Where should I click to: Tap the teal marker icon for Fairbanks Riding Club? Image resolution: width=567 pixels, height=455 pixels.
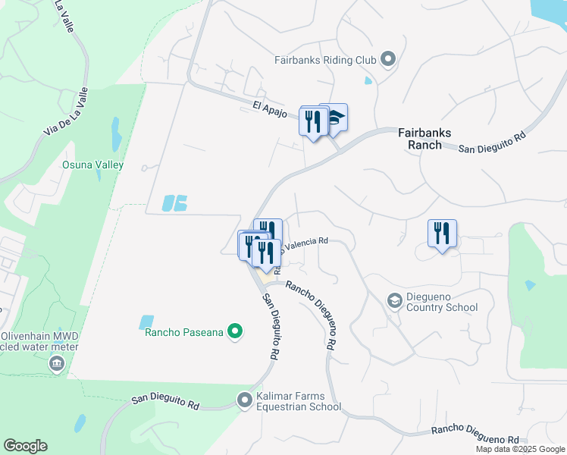click(388, 58)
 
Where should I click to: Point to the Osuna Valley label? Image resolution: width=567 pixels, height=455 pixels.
click(92, 165)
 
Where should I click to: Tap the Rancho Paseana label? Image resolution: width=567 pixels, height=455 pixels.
click(182, 331)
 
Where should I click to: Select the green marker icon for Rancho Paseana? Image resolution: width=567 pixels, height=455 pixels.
click(235, 331)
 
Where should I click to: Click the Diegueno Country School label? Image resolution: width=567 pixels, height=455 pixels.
click(442, 302)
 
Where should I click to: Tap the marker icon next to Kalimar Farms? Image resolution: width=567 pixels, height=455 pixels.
click(244, 399)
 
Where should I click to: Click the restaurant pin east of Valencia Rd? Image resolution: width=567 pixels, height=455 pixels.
click(441, 232)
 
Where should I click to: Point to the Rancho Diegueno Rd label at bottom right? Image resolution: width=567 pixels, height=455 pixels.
click(475, 435)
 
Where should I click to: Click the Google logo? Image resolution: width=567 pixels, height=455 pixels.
click(25, 446)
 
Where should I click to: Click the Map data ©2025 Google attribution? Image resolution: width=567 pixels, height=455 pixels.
click(520, 449)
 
